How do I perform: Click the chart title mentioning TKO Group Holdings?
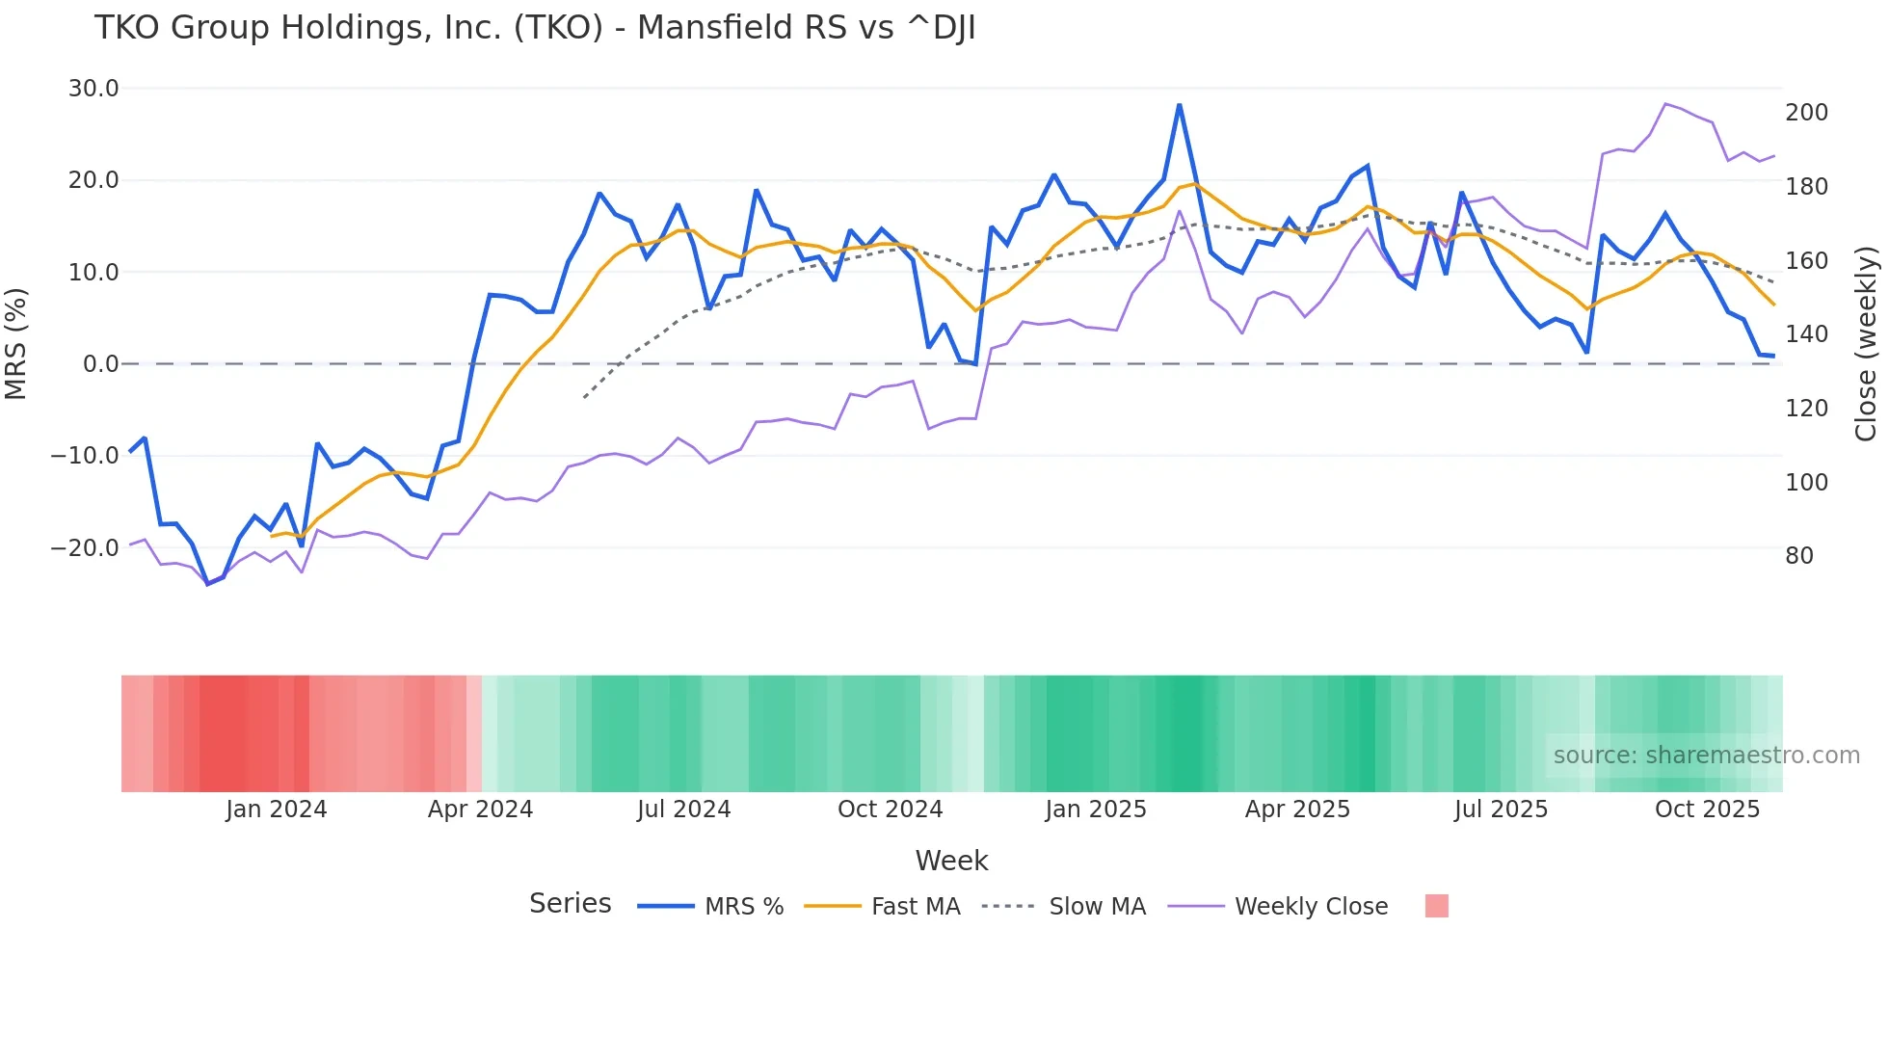(535, 28)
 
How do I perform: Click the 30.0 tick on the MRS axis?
(93, 89)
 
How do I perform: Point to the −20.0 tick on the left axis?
(85, 547)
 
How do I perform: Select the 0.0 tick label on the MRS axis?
(100, 364)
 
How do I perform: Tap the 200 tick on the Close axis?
(1806, 113)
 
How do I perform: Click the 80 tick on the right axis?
(1798, 556)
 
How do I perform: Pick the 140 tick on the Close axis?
(1806, 334)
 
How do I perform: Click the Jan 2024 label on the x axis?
(277, 810)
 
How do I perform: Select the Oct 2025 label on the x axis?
(1707, 810)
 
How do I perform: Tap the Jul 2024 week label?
(683, 810)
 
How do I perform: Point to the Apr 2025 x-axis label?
(1297, 810)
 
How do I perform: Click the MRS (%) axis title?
(16, 343)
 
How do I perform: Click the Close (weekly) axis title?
(1866, 343)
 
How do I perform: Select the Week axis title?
(951, 861)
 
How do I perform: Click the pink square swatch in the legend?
(1436, 906)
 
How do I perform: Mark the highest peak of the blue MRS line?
(1179, 105)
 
